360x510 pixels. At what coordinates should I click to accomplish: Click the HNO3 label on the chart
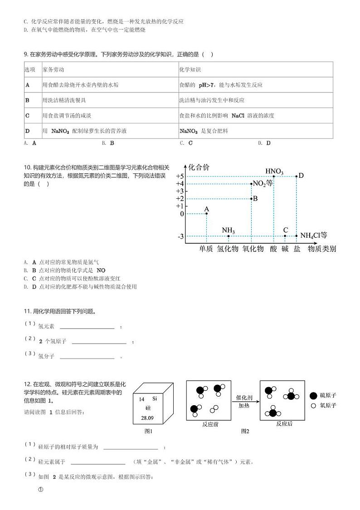point(274,171)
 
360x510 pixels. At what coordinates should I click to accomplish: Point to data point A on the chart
point(207,213)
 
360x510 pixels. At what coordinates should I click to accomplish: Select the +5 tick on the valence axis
point(180,176)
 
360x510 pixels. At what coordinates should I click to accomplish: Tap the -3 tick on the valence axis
point(180,236)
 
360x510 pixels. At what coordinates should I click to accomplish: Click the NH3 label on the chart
point(228,230)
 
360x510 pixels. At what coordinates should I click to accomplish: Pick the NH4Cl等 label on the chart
point(314,235)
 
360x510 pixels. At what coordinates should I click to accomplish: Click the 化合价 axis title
point(199,167)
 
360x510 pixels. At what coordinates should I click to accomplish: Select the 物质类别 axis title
point(322,249)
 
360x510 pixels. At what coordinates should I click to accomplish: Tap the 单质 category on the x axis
point(206,249)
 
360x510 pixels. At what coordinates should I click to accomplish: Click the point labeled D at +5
point(297,176)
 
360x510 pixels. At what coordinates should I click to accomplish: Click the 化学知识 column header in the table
point(190,70)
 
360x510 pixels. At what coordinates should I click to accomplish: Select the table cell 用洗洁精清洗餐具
point(64,100)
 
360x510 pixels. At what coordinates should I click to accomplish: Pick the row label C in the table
point(27,115)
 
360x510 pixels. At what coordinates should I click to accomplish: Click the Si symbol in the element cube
point(155,399)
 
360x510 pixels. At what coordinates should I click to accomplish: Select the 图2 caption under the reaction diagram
point(245,431)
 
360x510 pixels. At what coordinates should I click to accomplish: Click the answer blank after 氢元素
point(87,326)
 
